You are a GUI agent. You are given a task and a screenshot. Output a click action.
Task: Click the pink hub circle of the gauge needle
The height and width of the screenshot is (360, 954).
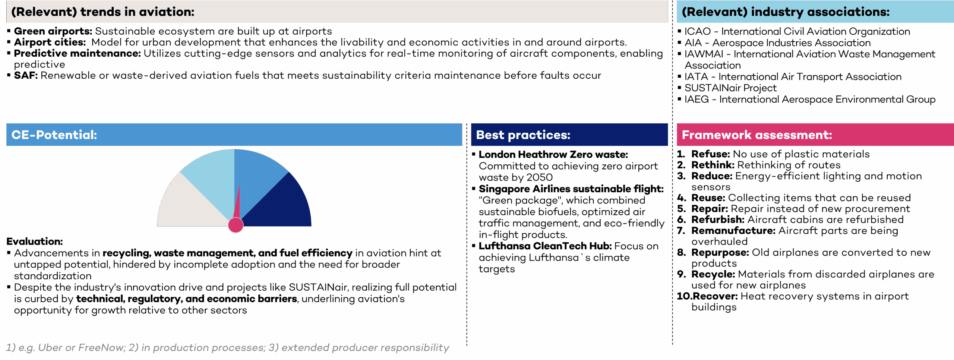pyautogui.click(x=236, y=225)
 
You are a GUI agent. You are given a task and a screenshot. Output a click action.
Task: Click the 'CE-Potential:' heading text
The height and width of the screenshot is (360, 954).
pyautogui.click(x=54, y=135)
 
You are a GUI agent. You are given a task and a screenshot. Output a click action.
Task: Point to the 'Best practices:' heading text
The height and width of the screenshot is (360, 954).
pyautogui.click(x=523, y=135)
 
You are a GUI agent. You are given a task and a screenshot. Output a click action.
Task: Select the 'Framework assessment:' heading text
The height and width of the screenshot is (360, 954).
pyautogui.click(x=757, y=135)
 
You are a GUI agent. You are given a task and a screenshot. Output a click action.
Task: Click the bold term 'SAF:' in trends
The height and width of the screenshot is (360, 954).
pyautogui.click(x=26, y=76)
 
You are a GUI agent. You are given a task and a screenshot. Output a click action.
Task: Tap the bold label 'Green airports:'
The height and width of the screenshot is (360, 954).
pyautogui.click(x=53, y=31)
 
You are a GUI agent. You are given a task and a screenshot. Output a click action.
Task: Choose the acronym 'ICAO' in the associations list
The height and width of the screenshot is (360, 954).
pyautogui.click(x=698, y=32)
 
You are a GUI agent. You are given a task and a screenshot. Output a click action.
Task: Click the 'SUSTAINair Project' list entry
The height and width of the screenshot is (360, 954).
pyautogui.click(x=730, y=88)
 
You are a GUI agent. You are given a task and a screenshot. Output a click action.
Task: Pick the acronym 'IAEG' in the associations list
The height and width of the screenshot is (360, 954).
pyautogui.click(x=696, y=100)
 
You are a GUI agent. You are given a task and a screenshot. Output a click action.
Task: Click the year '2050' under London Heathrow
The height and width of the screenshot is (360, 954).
pyautogui.click(x=540, y=177)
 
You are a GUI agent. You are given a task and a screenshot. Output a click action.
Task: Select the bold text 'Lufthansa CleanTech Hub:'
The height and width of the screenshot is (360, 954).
pyautogui.click(x=545, y=246)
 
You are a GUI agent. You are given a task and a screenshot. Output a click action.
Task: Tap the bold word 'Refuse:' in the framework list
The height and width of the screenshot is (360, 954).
pyautogui.click(x=711, y=154)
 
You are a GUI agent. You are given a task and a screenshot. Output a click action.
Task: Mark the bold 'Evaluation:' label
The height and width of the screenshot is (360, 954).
pyautogui.click(x=35, y=241)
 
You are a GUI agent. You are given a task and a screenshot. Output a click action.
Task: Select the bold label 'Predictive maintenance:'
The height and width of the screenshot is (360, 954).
pyautogui.click(x=78, y=54)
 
